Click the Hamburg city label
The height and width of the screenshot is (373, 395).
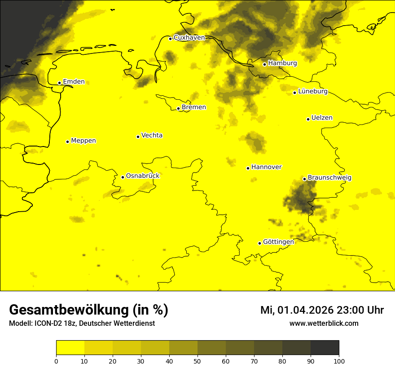point(282,63)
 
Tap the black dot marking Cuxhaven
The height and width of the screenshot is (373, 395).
point(170,39)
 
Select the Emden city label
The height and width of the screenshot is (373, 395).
point(74,82)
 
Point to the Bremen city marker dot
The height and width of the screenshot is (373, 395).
point(178,108)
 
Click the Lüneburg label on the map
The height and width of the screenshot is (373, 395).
point(312,91)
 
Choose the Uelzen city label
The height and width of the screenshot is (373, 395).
point(322,118)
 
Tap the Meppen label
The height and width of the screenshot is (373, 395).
point(83,141)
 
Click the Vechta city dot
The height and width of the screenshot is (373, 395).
point(138,137)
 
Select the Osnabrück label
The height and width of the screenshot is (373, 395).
point(143,176)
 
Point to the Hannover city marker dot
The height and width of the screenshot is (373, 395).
point(248,168)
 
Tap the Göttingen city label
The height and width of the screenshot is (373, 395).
point(278,242)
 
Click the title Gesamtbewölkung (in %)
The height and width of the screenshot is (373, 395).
point(88,310)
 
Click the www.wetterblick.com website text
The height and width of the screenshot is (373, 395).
point(324,323)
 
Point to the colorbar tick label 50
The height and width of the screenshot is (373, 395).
point(197,361)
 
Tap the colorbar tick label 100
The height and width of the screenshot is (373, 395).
point(339,361)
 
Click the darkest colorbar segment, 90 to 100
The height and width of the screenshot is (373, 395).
point(325,348)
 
